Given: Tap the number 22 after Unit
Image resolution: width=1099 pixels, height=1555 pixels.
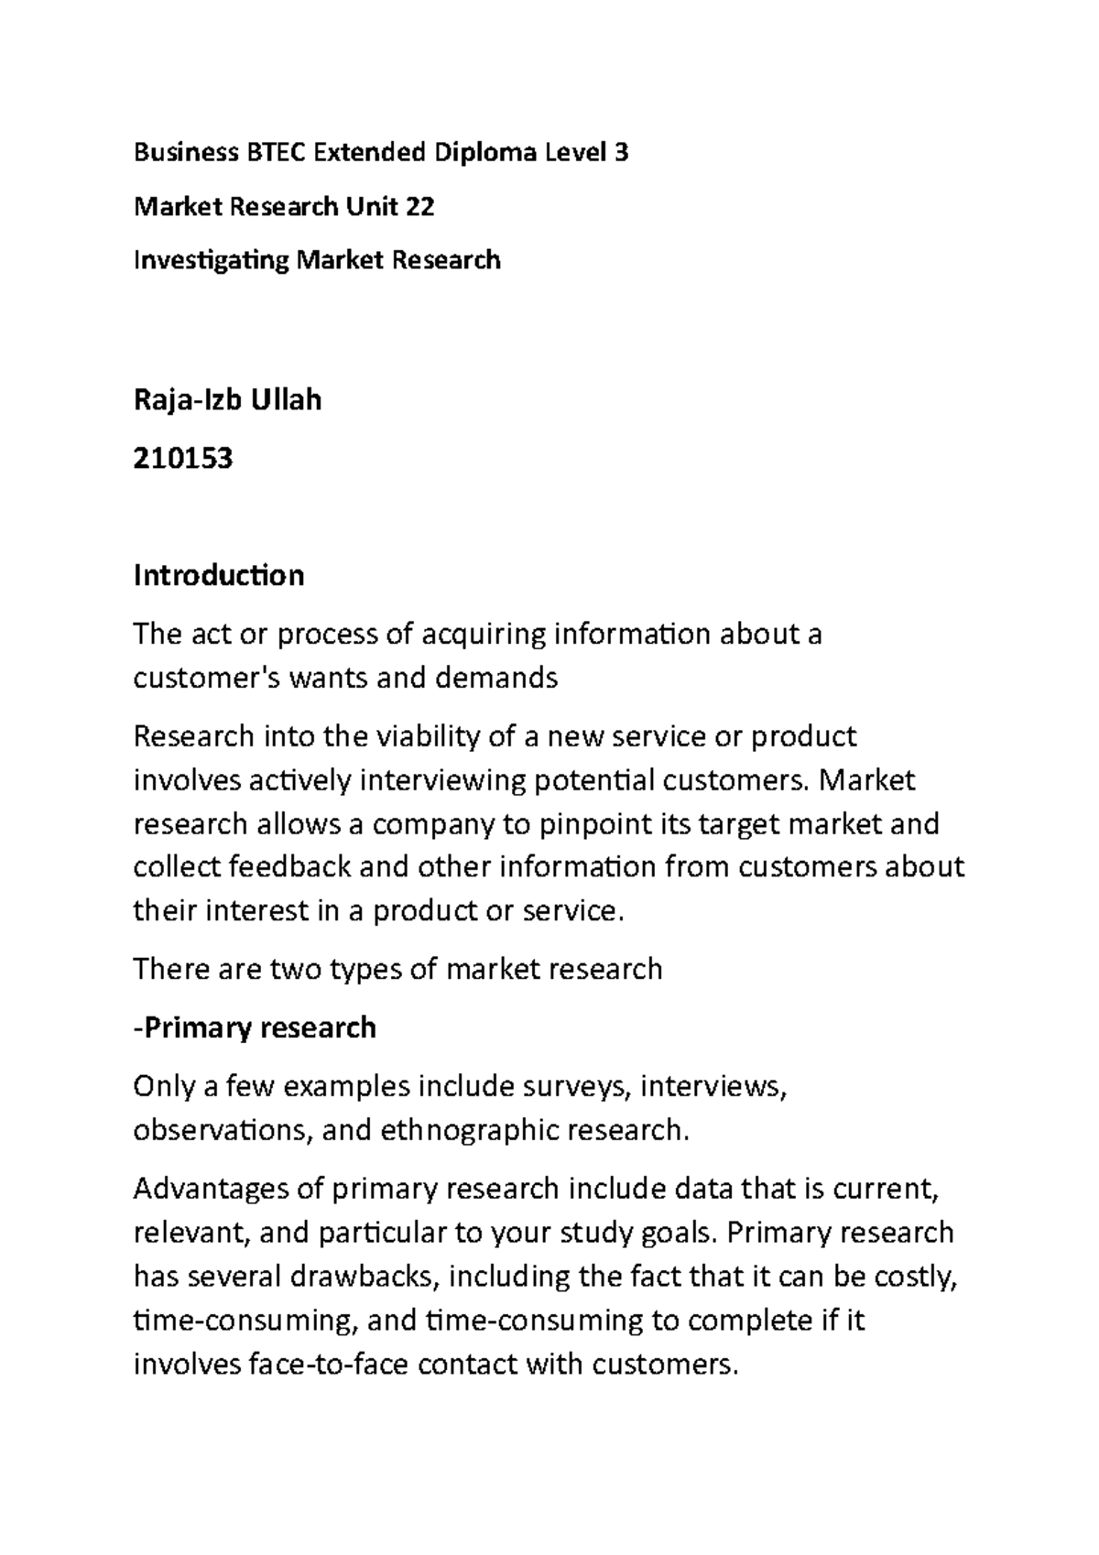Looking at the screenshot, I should [x=418, y=207].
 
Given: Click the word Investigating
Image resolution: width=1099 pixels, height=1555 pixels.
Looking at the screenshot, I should [x=211, y=261].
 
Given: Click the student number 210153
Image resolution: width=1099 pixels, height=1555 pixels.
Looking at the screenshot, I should [x=183, y=457].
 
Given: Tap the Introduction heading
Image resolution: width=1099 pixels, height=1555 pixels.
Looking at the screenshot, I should [x=219, y=575].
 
